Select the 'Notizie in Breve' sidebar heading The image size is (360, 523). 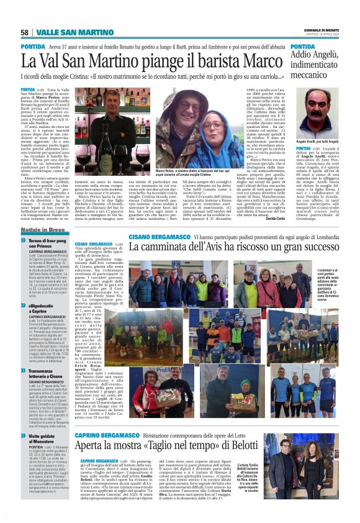pos(42,229)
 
